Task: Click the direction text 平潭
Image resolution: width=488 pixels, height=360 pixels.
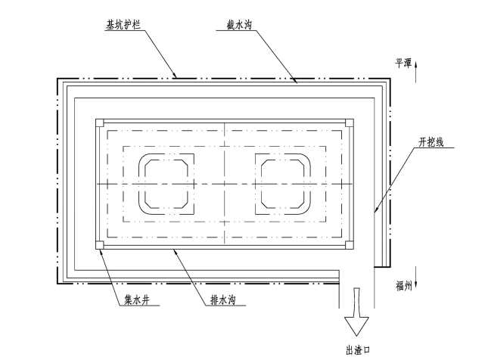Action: [403, 64]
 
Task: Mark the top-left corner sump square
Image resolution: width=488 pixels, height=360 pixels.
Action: [99, 121]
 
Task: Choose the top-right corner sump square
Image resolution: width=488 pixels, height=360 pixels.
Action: [349, 121]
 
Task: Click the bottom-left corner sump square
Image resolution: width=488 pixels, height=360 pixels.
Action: [99, 244]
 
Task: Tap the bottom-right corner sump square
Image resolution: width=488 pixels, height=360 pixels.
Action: [349, 244]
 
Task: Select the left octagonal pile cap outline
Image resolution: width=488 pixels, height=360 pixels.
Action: [167, 184]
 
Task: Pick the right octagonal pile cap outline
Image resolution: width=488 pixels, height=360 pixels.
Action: [283, 184]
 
